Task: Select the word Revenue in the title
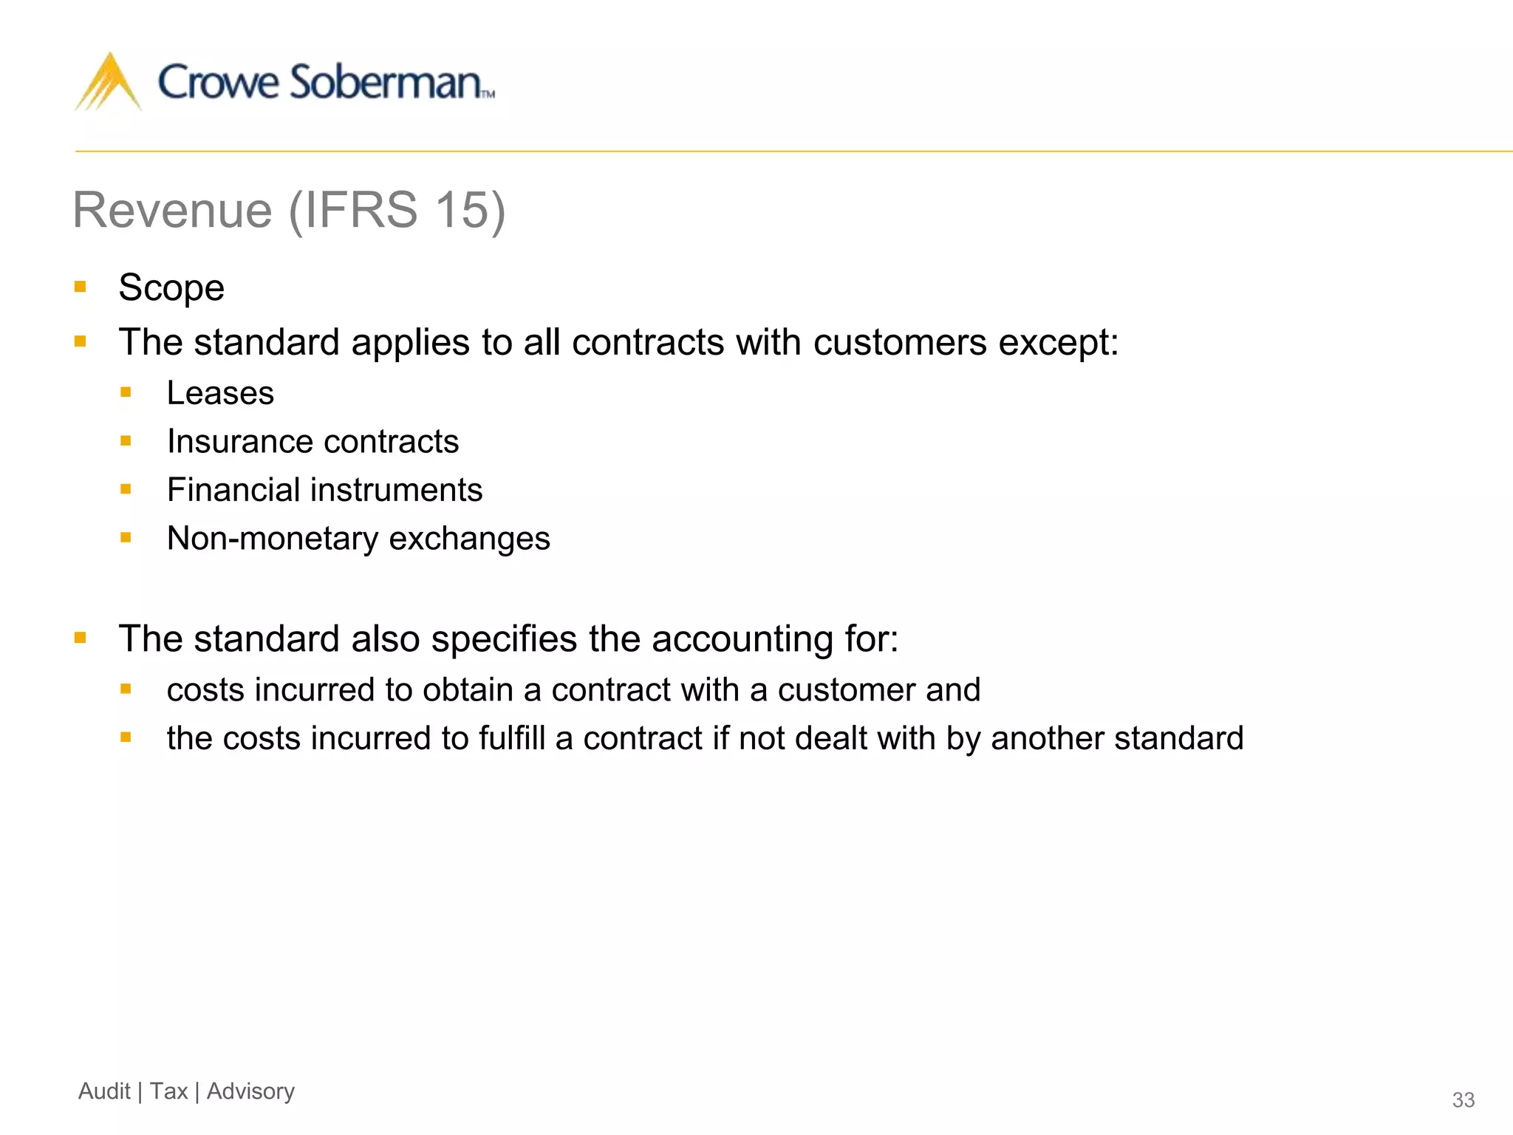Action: (173, 210)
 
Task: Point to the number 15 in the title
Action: (461, 210)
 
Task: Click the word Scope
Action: (171, 287)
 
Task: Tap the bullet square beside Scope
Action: (81, 286)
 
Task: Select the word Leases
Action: (220, 393)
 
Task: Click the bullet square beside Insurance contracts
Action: (126, 441)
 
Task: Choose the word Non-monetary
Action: (273, 539)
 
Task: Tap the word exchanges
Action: (470, 539)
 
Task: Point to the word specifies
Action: (504, 639)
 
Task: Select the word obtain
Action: (468, 690)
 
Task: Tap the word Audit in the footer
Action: (104, 1091)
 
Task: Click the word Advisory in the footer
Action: (250, 1091)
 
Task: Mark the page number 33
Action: (1463, 1100)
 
